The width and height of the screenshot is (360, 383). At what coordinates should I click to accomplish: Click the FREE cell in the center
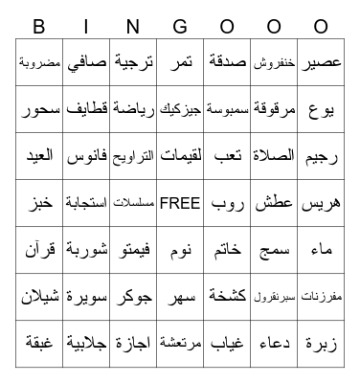coord(180,203)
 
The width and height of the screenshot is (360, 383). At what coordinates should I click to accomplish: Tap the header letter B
coord(39,26)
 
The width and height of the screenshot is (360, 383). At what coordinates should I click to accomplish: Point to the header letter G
coord(179,26)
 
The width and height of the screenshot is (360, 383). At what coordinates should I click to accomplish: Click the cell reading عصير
coord(321,62)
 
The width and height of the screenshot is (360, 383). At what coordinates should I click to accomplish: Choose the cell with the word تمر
coord(180,62)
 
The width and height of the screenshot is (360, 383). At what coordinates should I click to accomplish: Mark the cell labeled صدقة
coord(227,62)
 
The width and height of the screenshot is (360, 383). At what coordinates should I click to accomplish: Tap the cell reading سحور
coord(40,109)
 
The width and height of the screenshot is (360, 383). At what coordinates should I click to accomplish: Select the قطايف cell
coord(87,109)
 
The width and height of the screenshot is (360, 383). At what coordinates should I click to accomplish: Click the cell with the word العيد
coord(40,156)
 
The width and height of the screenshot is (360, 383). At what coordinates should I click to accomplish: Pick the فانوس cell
coord(87,156)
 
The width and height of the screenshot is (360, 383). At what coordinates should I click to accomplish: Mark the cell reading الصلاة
coord(274,156)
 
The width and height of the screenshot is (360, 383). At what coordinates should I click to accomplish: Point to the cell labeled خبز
coord(40,203)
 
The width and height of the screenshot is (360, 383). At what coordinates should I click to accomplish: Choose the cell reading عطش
coord(274,203)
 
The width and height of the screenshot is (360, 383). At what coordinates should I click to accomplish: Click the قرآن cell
coord(40,250)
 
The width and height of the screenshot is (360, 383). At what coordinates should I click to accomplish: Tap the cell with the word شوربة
coord(87,250)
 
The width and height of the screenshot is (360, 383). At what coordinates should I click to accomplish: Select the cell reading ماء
coord(321,250)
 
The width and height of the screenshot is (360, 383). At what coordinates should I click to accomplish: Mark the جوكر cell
coord(133,297)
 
